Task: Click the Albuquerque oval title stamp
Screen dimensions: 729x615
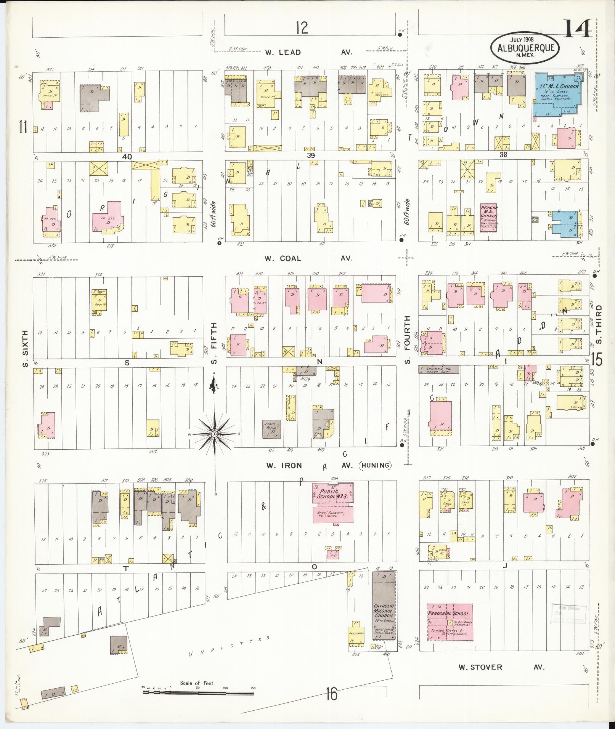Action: [525, 46]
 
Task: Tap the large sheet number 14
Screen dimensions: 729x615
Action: [577, 28]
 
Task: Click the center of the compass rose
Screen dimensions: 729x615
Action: [215, 434]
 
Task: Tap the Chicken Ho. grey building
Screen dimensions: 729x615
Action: [438, 369]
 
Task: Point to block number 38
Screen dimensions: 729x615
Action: [504, 154]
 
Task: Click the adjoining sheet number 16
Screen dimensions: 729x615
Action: [331, 694]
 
